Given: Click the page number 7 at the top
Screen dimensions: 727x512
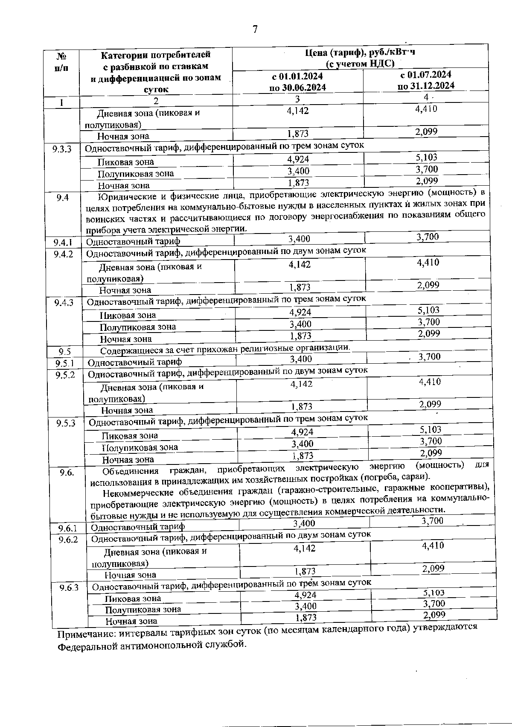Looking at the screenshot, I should pyautogui.click(x=255, y=29).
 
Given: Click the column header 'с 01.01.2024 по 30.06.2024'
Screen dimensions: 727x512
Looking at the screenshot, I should pyautogui.click(x=297, y=82).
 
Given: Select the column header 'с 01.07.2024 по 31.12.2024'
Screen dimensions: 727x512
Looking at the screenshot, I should pyautogui.click(x=425, y=80).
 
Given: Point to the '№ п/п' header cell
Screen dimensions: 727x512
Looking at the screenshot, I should pyautogui.click(x=61, y=62).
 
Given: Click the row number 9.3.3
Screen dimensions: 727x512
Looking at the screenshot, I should pyautogui.click(x=62, y=149).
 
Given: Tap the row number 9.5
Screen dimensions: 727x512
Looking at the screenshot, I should pyautogui.click(x=65, y=352).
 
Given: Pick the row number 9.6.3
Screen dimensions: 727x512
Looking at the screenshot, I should pyautogui.click(x=69, y=587).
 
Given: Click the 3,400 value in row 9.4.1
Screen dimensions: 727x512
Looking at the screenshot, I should pyautogui.click(x=299, y=239).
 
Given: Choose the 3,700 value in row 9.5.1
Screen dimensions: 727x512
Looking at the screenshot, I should pyautogui.click(x=429, y=356).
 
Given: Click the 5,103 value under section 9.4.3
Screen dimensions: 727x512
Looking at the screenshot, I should pyautogui.click(x=429, y=310).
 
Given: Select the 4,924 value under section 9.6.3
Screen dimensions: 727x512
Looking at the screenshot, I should pyautogui.click(x=305, y=595).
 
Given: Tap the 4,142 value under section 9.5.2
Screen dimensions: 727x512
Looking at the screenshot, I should pyautogui.click(x=301, y=384).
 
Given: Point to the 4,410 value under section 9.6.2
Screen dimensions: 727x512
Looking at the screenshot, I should pyautogui.click(x=433, y=546).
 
